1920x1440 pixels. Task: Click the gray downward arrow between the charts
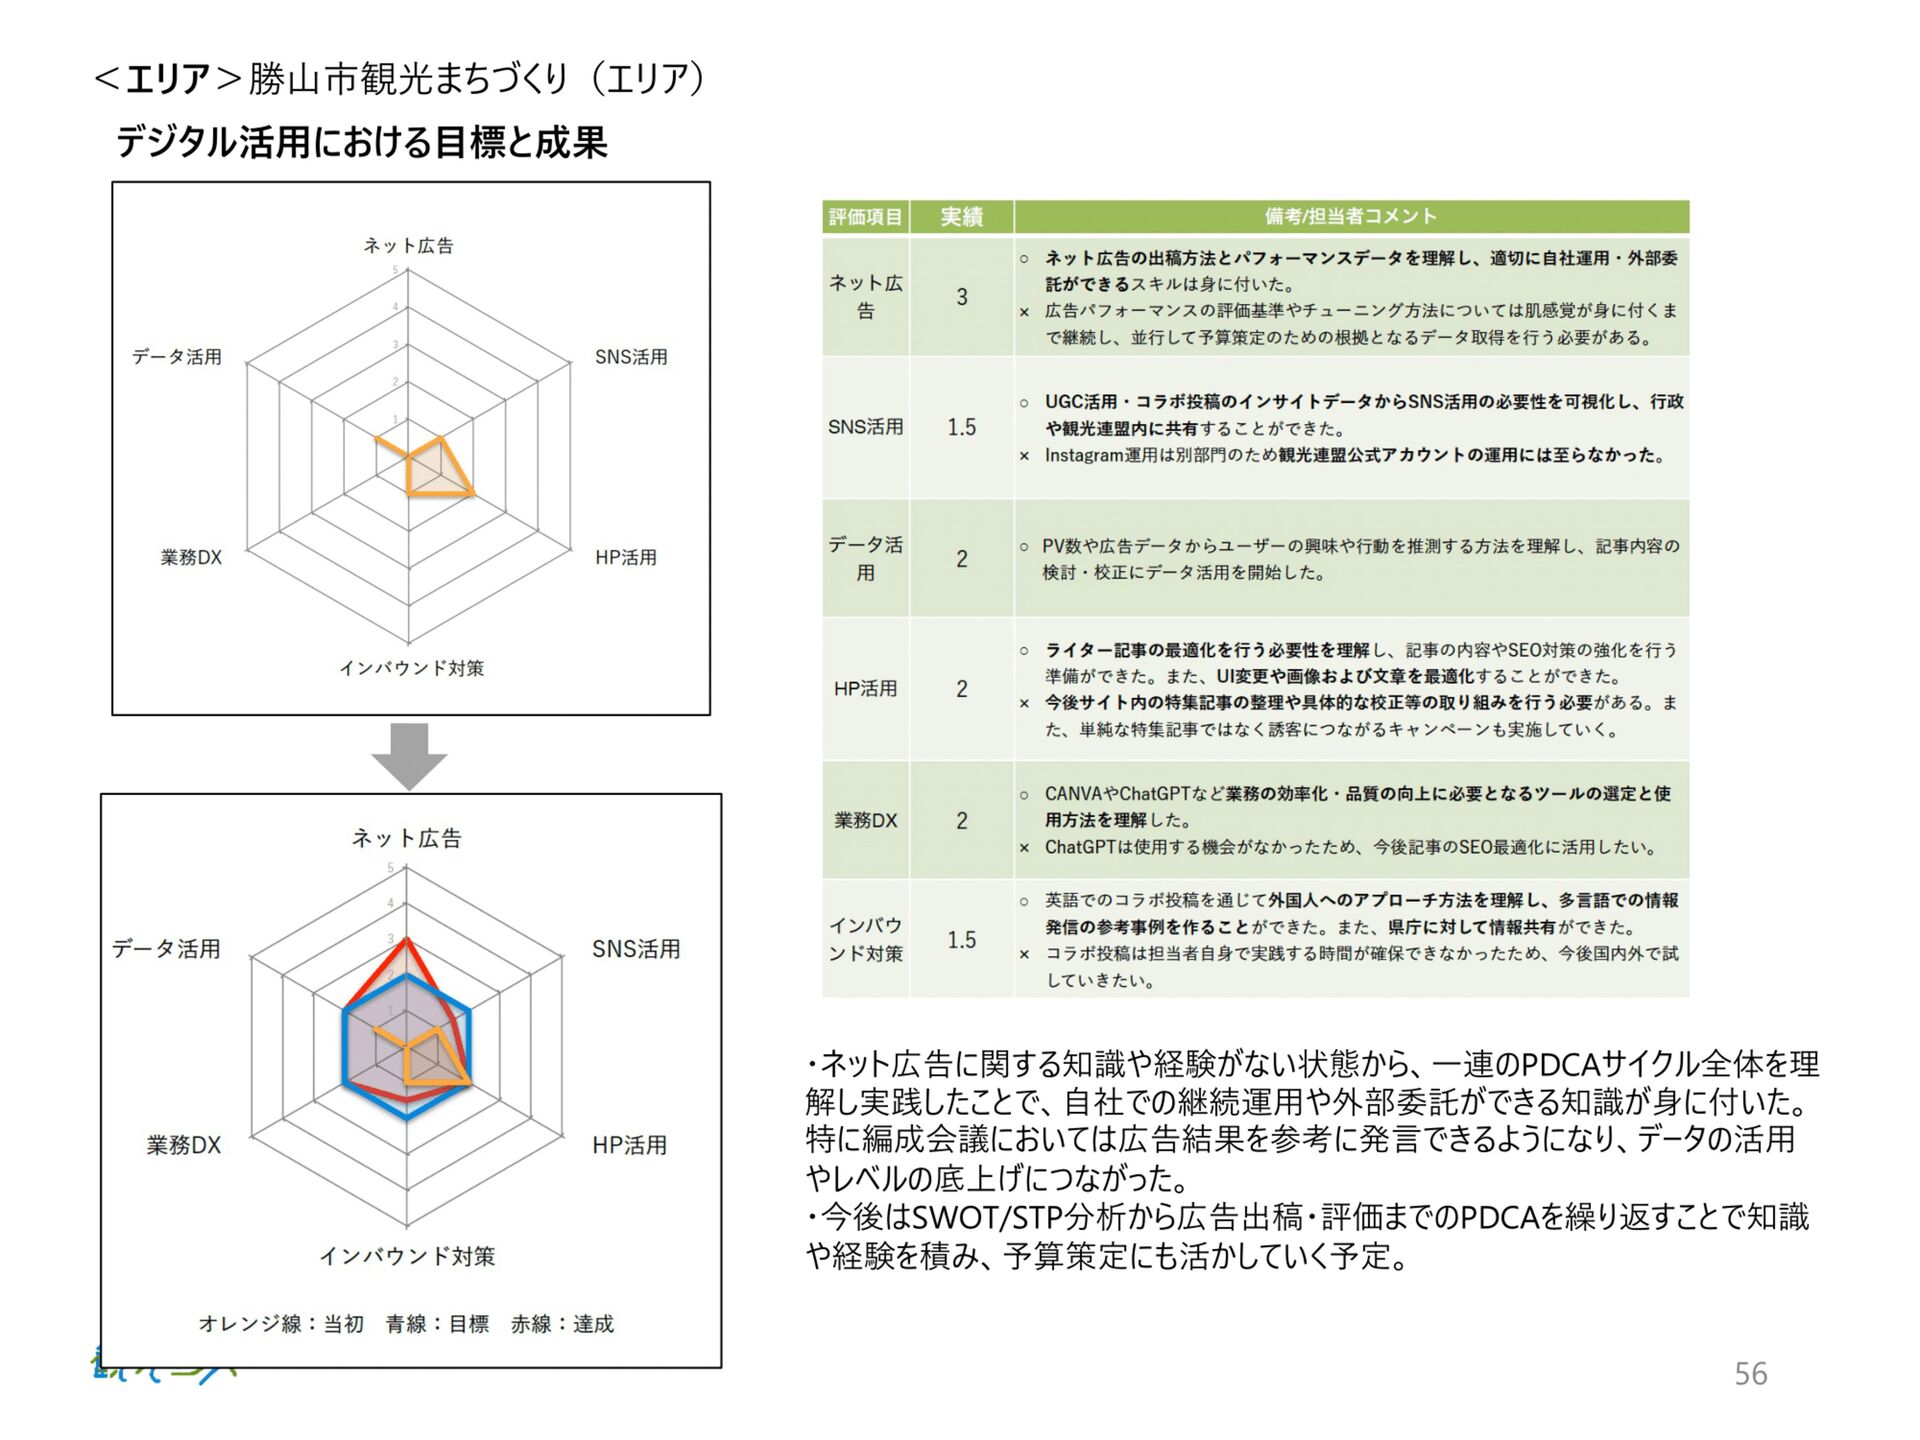coord(409,755)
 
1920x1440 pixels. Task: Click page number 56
coord(1750,1373)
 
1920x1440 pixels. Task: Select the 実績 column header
coord(961,216)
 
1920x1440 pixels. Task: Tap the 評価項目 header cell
coord(865,216)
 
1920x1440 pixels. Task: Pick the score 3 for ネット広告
coord(961,297)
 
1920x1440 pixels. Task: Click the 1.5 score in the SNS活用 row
coord(961,428)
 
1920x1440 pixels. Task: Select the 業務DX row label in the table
coord(865,820)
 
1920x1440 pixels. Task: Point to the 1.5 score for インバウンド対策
coord(961,940)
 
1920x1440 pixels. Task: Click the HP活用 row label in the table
coord(865,689)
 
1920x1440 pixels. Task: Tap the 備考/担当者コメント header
coord(1350,216)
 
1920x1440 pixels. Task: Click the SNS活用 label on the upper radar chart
coord(631,357)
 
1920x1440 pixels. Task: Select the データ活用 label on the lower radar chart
coord(166,948)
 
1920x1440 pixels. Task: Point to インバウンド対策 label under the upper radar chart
coord(411,668)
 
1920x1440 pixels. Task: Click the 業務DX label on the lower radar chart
coord(184,1145)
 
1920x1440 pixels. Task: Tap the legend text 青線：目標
coord(437,1324)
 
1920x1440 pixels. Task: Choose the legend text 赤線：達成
coord(562,1324)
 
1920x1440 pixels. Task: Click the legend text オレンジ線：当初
coord(281,1324)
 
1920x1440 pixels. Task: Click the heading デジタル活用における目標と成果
coord(361,142)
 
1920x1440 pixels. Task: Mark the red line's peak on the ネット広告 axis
coord(406,939)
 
